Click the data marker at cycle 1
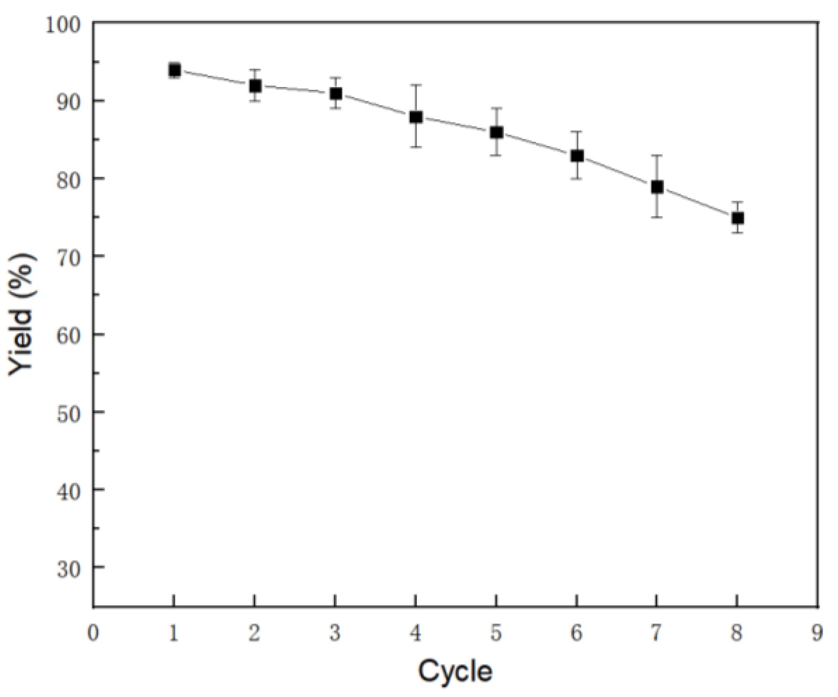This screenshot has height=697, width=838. pyautogui.click(x=174, y=71)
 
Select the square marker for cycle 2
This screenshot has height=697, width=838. pyautogui.click(x=255, y=86)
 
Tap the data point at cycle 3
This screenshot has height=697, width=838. pyautogui.click(x=335, y=94)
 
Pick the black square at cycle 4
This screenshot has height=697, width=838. pyautogui.click(x=416, y=117)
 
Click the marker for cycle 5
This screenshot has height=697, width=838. pyautogui.click(x=496, y=132)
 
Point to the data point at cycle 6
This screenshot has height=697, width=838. pyautogui.click(x=577, y=156)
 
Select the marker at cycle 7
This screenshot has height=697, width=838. pyautogui.click(x=657, y=187)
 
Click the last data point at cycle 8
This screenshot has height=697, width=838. pyautogui.click(x=737, y=218)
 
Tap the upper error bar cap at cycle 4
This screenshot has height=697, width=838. pyautogui.click(x=416, y=85)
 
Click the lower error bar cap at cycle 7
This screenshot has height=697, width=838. pyautogui.click(x=657, y=217)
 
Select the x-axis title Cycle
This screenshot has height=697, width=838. pyautogui.click(x=455, y=671)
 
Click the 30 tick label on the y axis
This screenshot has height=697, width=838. pyautogui.click(x=68, y=569)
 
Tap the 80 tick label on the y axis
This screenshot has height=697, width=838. pyautogui.click(x=68, y=180)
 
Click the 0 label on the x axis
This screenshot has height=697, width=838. pyautogui.click(x=93, y=633)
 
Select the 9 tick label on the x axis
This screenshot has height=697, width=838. pyautogui.click(x=817, y=633)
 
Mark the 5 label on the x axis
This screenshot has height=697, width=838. pyautogui.click(x=496, y=633)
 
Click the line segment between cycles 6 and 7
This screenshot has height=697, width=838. pyautogui.click(x=617, y=172)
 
